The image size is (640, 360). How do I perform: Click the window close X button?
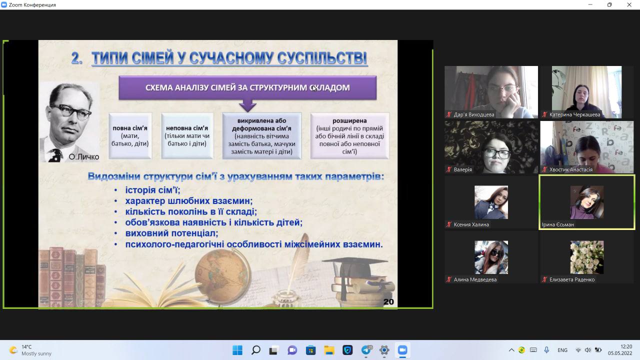point(629,4)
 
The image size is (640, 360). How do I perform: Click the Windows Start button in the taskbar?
point(237,350)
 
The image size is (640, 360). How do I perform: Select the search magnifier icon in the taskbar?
point(255,350)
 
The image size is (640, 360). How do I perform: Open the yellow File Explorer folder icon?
point(329,350)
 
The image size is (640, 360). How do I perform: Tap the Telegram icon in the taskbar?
point(366,350)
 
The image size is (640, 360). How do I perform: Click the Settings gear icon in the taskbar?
point(384,350)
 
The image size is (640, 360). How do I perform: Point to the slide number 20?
point(388,301)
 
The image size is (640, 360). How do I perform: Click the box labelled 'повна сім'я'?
point(130,135)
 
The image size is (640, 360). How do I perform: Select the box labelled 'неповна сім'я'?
point(187,135)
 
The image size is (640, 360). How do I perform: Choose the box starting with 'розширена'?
point(349,135)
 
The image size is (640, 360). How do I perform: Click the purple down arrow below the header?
point(247,105)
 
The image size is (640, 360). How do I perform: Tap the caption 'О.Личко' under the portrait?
point(83,156)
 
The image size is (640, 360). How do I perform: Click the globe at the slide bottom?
point(223,275)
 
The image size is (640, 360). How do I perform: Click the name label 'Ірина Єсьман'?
point(557,224)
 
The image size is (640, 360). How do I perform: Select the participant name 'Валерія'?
point(463,169)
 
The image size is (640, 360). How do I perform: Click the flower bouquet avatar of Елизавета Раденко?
point(587,257)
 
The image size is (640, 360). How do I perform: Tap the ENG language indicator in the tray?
point(562,350)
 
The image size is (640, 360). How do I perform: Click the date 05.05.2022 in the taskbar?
point(620,353)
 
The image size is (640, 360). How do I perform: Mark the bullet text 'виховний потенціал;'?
point(171,233)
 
